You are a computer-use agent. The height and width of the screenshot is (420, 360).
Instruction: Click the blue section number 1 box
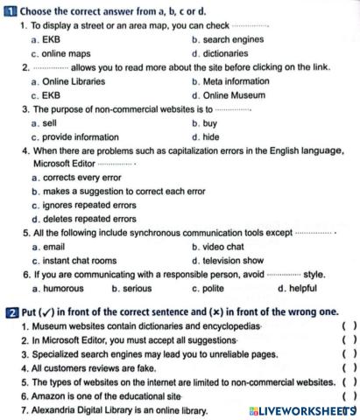click(10, 10)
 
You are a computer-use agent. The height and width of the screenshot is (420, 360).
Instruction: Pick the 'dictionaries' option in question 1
click(225, 52)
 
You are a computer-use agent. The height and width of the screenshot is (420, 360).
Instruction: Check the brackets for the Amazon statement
click(348, 396)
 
